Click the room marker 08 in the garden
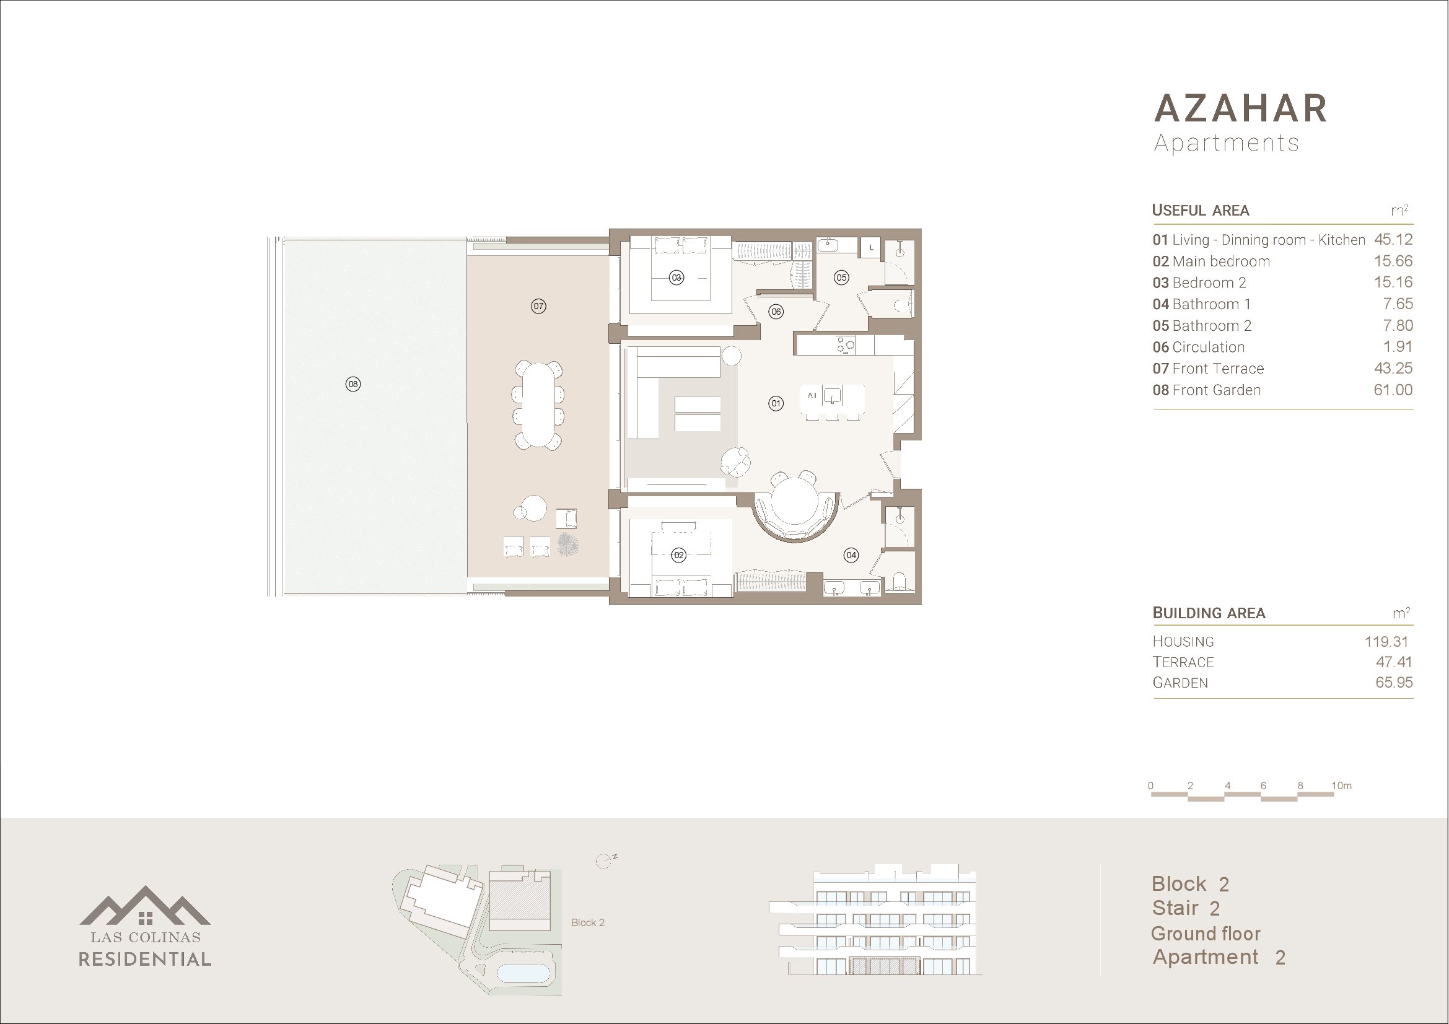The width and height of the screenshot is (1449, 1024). pyautogui.click(x=352, y=383)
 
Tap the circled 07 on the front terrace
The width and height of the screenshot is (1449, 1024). pyautogui.click(x=538, y=307)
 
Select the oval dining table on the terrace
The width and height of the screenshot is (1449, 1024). pyautogui.click(x=538, y=404)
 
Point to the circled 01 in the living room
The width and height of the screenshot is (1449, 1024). pyautogui.click(x=776, y=403)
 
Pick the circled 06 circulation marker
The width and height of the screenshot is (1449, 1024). pyautogui.click(x=776, y=312)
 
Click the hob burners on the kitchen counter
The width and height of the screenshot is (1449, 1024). pyautogui.click(x=846, y=344)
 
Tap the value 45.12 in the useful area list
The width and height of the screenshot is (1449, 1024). pyautogui.click(x=1393, y=240)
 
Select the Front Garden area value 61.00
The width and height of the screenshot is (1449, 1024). pyautogui.click(x=1393, y=390)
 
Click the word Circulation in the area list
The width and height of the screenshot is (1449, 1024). pyautogui.click(x=1208, y=347)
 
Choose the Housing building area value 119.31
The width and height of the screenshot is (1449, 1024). pyautogui.click(x=1386, y=642)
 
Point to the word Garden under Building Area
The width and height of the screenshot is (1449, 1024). pyautogui.click(x=1180, y=683)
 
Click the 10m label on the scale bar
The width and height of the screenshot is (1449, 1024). pyautogui.click(x=1341, y=786)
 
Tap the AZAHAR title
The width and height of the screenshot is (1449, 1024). pyautogui.click(x=1240, y=108)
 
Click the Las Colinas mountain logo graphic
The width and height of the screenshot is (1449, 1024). pyautogui.click(x=145, y=906)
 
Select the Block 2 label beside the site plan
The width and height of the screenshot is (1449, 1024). pyautogui.click(x=587, y=922)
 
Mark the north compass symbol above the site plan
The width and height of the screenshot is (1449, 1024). pyautogui.click(x=605, y=861)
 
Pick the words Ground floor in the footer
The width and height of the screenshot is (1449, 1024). pyautogui.click(x=1205, y=933)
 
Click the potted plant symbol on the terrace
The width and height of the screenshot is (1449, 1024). pyautogui.click(x=567, y=545)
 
